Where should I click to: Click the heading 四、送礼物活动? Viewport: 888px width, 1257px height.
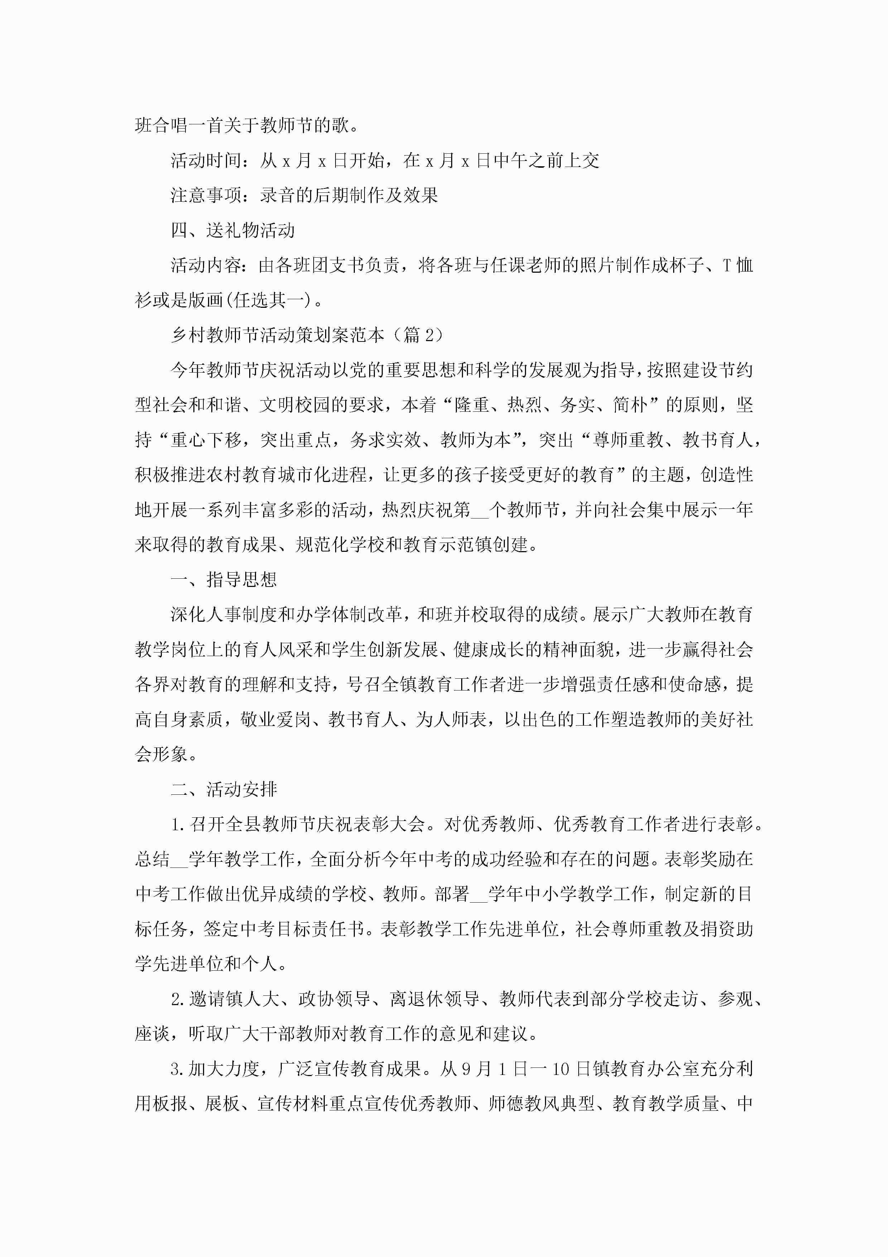tap(232, 230)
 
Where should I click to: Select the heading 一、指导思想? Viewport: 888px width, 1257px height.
tap(224, 579)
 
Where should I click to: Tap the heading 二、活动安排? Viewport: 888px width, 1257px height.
tap(224, 789)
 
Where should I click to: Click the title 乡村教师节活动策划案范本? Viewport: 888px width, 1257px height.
tap(277, 335)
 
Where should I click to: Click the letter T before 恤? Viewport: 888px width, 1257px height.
tap(727, 266)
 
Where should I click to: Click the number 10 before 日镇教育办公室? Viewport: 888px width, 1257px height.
tap(561, 1069)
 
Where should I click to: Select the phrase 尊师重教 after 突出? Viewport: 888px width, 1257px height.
tap(628, 440)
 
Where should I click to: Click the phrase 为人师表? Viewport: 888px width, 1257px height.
tap(452, 720)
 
